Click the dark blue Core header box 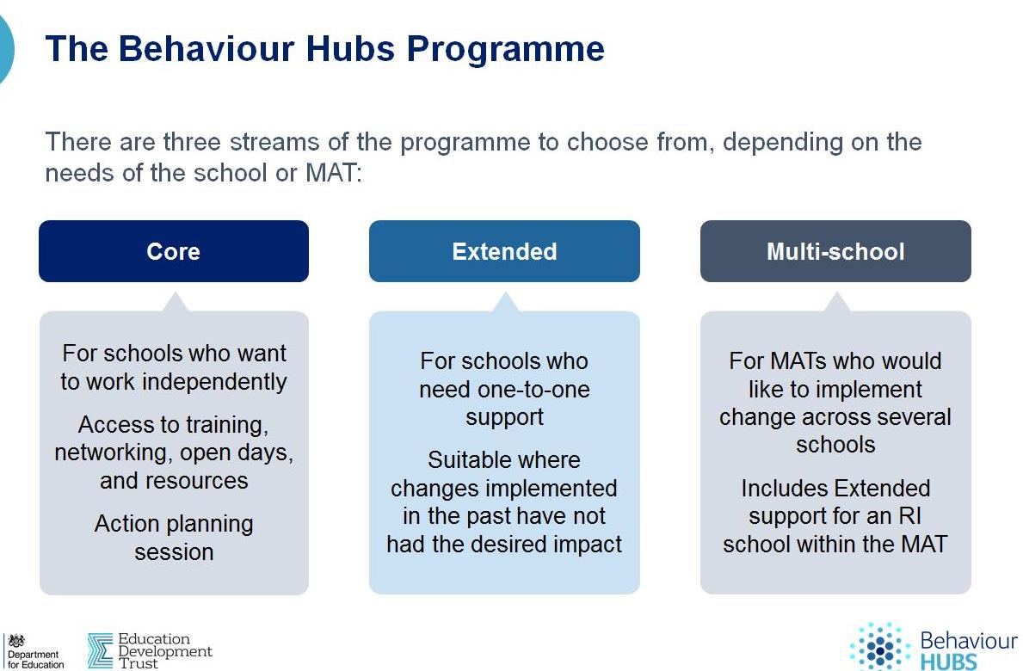174,251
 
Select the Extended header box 504,251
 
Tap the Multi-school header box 835,251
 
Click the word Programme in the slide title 506,50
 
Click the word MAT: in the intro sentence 333,173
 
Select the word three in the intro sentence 193,141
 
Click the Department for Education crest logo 16,640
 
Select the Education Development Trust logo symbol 100,650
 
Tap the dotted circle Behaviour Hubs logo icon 880,648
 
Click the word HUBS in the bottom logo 949,662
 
